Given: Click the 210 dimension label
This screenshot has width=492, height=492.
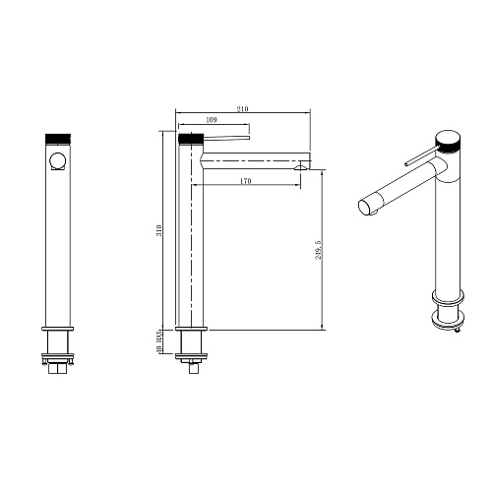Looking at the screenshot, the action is [242, 109].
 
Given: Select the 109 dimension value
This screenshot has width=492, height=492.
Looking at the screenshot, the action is [212, 120].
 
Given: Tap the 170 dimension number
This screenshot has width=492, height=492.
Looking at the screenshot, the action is [246, 181].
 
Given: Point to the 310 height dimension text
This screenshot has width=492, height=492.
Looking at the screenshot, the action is [159, 231].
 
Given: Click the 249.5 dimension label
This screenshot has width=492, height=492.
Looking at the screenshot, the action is [318, 250].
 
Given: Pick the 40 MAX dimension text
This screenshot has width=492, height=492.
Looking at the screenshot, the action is [159, 341].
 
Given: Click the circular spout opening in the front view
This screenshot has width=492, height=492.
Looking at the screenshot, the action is [58, 161].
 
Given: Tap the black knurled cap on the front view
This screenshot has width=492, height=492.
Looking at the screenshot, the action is [58, 139].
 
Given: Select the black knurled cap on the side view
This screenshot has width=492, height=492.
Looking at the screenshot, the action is [191, 139].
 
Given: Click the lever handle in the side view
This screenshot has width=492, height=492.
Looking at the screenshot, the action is [227, 137].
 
